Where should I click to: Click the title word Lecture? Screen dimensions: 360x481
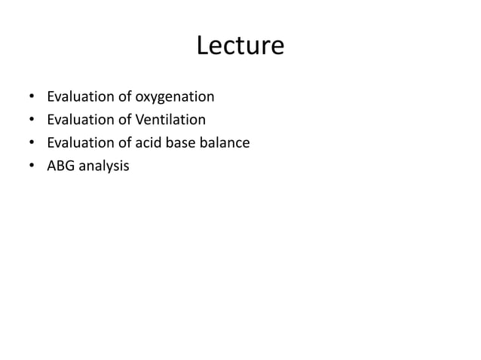(240, 47)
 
